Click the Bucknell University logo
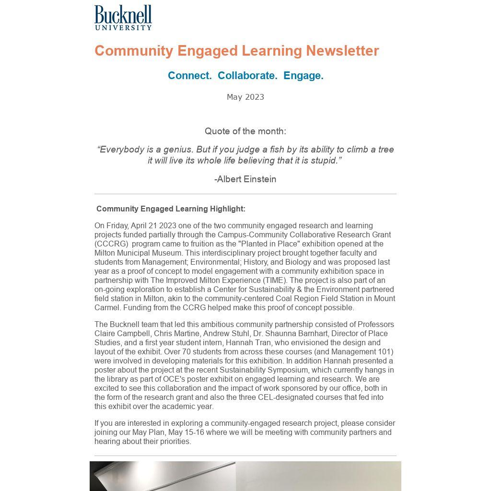pyautogui.click(x=123, y=18)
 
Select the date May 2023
pyautogui.click(x=245, y=97)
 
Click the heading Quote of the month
pyautogui.click(x=245, y=131)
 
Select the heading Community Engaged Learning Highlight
pyautogui.click(x=171, y=209)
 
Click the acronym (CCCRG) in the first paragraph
pyautogui.click(x=111, y=244)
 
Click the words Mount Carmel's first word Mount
pyautogui.click(x=384, y=298)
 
